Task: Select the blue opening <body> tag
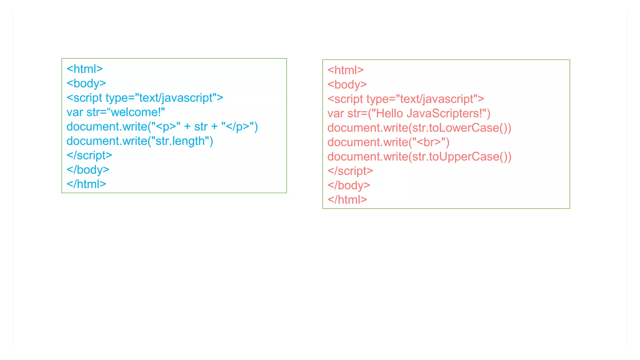86,83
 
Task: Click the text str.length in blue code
180,141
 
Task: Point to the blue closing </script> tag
89,155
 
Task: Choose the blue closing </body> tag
88,170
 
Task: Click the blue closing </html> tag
86,184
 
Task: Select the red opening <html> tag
346,70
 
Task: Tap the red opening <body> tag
347,85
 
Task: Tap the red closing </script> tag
350,171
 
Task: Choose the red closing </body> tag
349,185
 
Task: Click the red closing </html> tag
347,200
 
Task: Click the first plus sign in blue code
187,127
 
